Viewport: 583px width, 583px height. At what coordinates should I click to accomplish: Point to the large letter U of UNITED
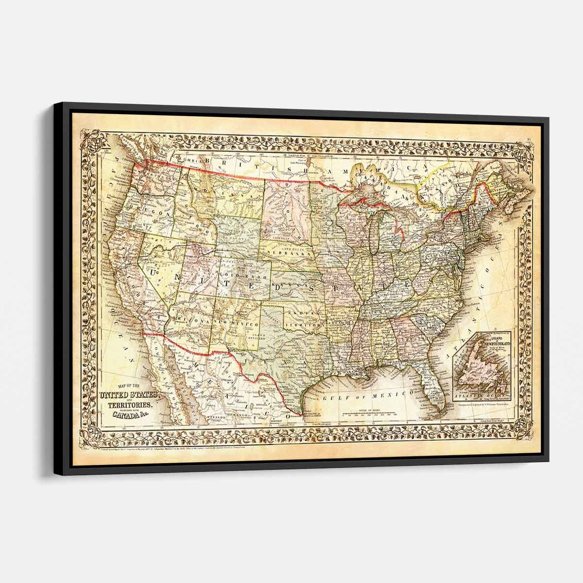(x=156, y=274)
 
